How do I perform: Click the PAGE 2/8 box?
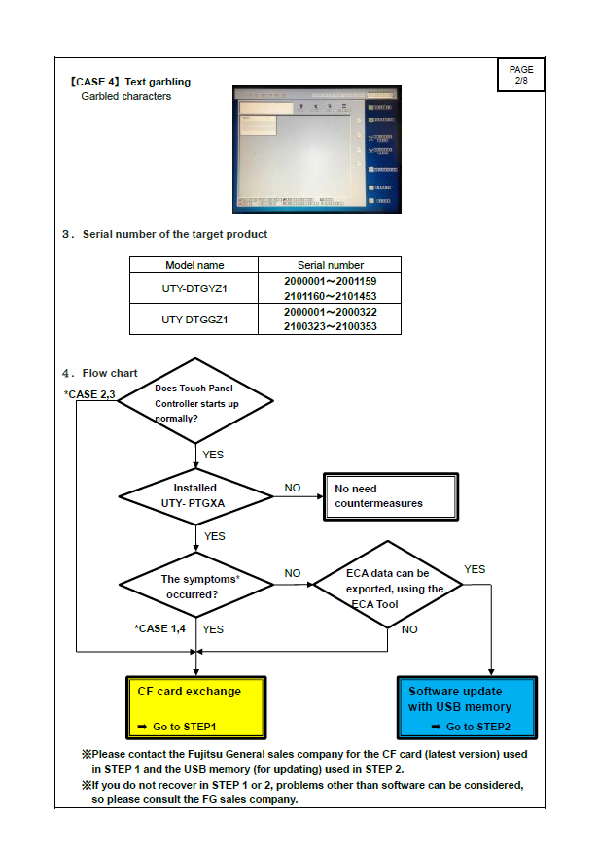[x=521, y=74]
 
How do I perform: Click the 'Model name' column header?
[x=194, y=265]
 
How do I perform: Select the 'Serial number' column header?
[x=330, y=265]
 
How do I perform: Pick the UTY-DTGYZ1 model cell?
[x=194, y=288]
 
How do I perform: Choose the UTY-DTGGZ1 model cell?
[x=194, y=319]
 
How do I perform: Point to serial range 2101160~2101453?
[x=330, y=296]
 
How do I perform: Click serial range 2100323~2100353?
[x=330, y=327]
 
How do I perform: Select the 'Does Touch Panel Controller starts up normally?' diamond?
[x=195, y=402]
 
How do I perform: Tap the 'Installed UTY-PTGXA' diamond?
[x=195, y=494]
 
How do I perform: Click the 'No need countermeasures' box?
[x=389, y=495]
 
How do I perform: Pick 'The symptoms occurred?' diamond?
[x=195, y=586]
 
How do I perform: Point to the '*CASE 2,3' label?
[x=90, y=393]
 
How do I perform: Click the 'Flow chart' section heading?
[x=109, y=373]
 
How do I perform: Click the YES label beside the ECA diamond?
[x=475, y=569]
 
